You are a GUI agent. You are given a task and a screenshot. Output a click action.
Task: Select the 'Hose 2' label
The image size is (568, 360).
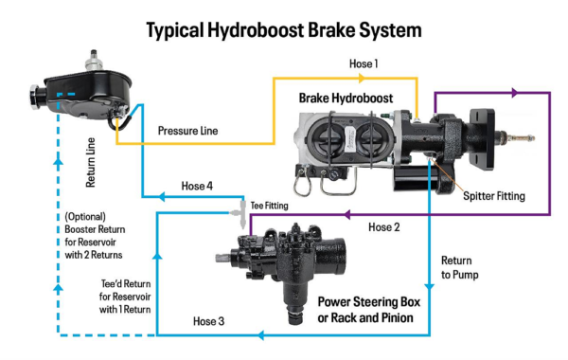(x=384, y=227)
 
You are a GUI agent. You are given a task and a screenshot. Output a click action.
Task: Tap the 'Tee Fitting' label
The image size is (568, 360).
(x=269, y=204)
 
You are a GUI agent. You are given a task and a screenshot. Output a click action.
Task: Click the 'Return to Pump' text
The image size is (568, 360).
(x=461, y=268)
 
